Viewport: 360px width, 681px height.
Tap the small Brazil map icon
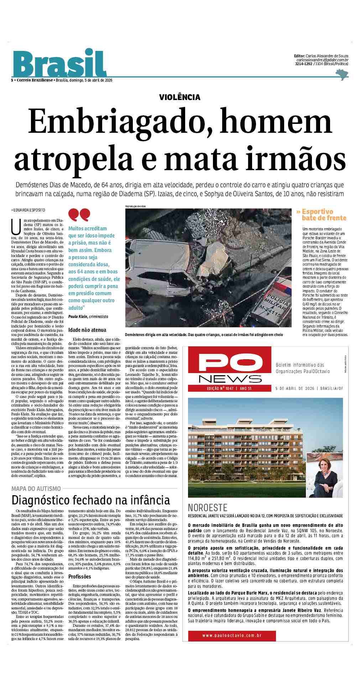click(342, 74)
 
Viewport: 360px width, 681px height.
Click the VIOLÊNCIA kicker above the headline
click(179, 97)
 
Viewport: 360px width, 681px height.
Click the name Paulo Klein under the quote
click(78, 316)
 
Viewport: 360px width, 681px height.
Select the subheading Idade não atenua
click(87, 330)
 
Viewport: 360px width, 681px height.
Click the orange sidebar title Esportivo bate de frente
click(321, 215)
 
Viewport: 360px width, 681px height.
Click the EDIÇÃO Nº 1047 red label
click(220, 388)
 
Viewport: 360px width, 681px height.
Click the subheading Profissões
click(80, 576)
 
